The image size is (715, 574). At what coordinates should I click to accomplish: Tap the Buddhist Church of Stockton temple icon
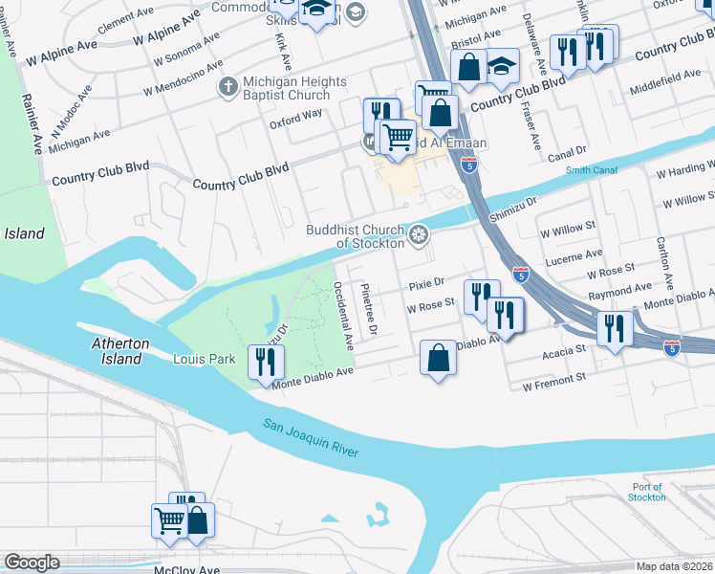point(419,235)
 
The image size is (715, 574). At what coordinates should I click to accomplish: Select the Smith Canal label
point(589,171)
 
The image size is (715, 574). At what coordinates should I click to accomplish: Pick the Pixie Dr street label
point(427,284)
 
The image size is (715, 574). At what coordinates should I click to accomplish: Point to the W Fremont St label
point(553,380)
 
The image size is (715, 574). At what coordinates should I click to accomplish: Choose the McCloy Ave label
point(187,569)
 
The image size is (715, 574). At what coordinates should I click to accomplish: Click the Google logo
point(31,563)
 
